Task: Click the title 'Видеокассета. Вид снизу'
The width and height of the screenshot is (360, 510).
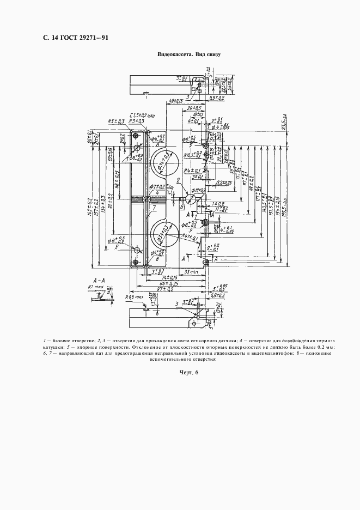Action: point(188,55)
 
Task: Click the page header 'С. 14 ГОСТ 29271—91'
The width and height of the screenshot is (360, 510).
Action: point(74,38)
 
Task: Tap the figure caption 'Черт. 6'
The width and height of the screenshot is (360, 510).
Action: point(188,372)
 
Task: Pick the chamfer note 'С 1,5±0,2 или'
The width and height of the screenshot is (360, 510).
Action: point(141,114)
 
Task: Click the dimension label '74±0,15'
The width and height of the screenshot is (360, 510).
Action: point(164,277)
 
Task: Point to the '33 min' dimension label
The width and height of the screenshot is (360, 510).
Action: point(191,271)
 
